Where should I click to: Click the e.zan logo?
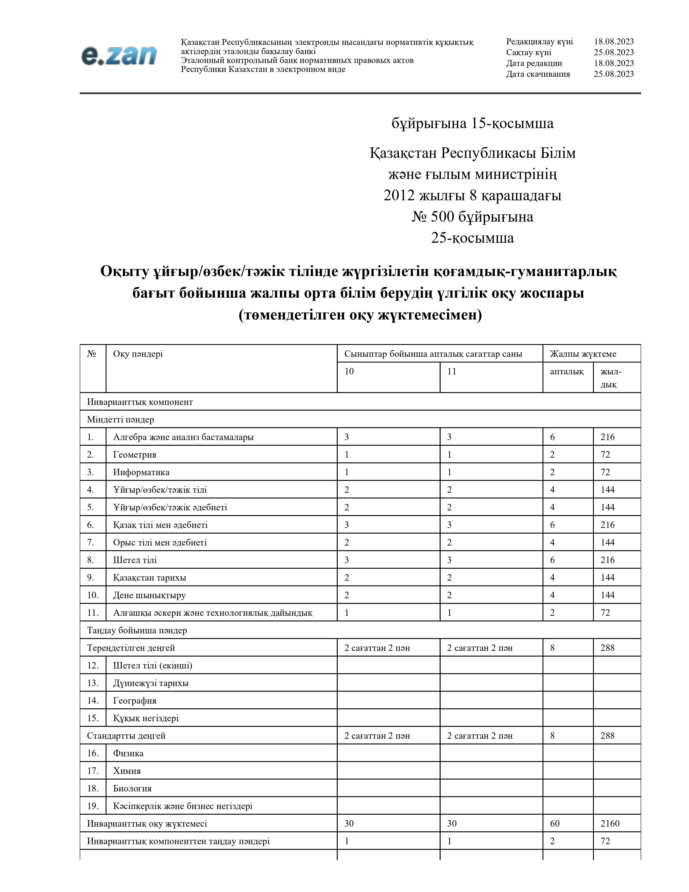tap(119, 55)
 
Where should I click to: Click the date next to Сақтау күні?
tap(614, 52)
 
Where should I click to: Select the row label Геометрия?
tap(135, 455)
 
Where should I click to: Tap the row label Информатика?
tap(141, 472)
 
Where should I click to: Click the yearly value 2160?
tap(610, 823)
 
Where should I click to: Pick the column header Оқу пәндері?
tap(138, 354)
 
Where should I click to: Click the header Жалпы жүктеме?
tap(583, 354)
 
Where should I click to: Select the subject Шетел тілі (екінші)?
tap(153, 665)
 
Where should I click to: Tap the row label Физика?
tap(128, 753)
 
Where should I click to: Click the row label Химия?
tap(127, 771)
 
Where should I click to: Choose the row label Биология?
tap(132, 788)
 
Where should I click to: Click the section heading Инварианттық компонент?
tap(140, 402)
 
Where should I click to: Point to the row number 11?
tap(93, 613)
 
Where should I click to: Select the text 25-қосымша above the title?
tap(472, 238)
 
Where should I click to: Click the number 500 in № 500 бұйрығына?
tap(443, 217)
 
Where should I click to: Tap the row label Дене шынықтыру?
tap(149, 595)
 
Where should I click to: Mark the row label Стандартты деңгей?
tap(126, 735)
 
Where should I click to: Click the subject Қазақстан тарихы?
tap(149, 578)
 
